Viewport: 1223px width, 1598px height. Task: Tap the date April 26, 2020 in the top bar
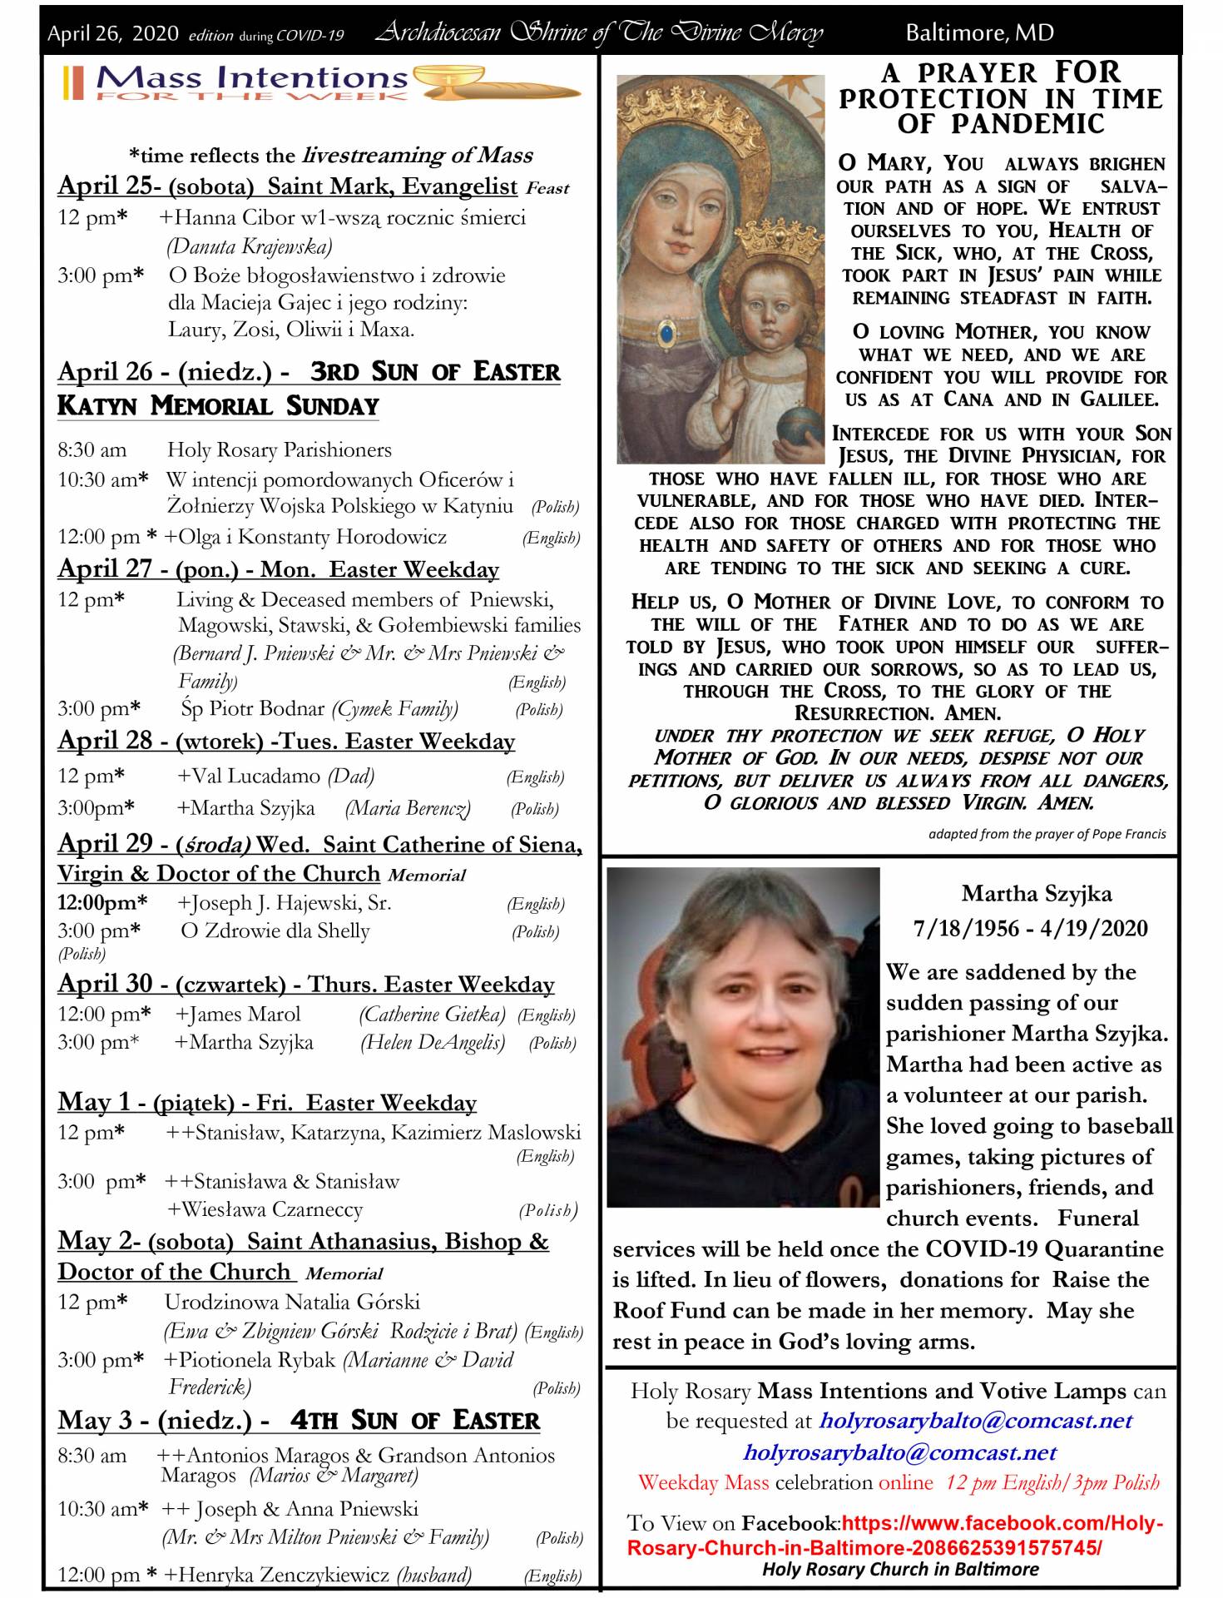pyautogui.click(x=113, y=34)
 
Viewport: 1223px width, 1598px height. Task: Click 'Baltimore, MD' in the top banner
pyautogui.click(x=978, y=33)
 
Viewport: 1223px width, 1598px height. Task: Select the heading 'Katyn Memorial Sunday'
pyautogui.click(x=218, y=406)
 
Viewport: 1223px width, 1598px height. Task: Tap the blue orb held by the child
pyautogui.click(x=798, y=424)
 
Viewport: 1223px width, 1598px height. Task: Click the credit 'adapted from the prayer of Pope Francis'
pyautogui.click(x=1047, y=834)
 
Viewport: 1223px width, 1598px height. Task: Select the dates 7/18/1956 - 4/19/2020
pyautogui.click(x=1030, y=928)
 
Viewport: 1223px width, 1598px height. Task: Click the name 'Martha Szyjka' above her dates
pyautogui.click(x=1036, y=894)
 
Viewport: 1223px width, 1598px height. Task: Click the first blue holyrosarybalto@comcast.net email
pyautogui.click(x=975, y=1421)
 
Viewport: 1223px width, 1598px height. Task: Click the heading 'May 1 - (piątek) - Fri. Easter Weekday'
pyautogui.click(x=267, y=1103)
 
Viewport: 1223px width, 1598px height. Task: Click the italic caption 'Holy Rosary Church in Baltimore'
pyautogui.click(x=900, y=1570)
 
